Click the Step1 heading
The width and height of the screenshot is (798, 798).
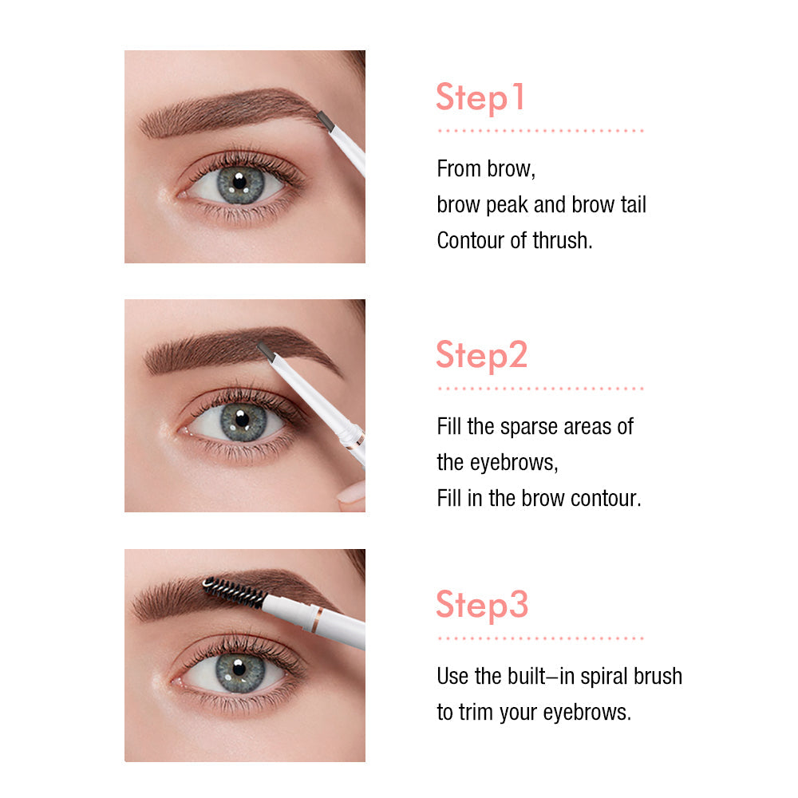click(480, 97)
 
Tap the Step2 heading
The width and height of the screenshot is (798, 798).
click(482, 355)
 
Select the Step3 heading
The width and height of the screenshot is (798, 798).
click(482, 605)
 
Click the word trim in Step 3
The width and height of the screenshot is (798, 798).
click(480, 712)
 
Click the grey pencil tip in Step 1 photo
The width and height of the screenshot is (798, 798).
click(324, 120)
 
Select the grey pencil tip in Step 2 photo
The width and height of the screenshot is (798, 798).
click(266, 350)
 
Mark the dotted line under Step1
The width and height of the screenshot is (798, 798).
click(540, 130)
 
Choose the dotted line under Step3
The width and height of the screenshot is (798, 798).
click(540, 638)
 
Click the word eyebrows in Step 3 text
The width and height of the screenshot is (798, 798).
click(587, 712)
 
